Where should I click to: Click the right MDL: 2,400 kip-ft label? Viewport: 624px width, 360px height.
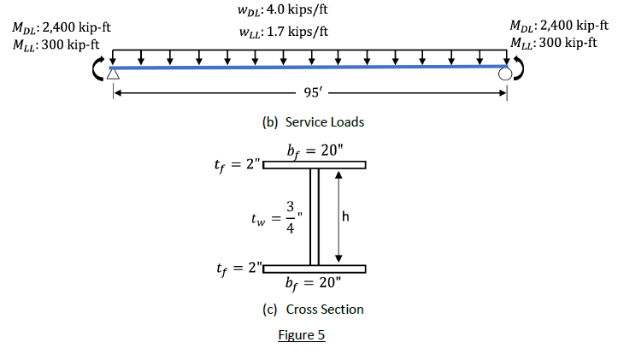click(x=558, y=26)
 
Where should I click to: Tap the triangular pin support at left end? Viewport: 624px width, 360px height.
click(x=113, y=75)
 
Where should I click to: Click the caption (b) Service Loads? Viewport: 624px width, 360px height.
click(x=313, y=122)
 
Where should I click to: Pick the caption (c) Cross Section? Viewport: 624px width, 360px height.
click(x=313, y=310)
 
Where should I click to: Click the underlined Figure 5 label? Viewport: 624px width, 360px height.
click(x=302, y=335)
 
